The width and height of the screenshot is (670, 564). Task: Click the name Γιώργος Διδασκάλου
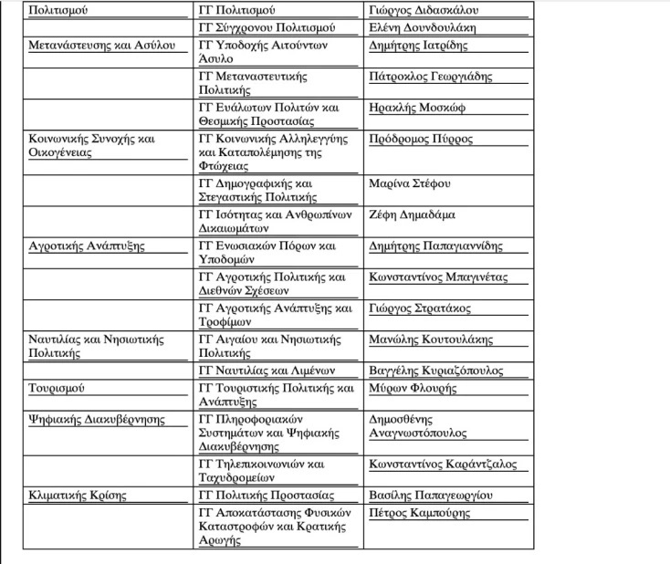pos(423,11)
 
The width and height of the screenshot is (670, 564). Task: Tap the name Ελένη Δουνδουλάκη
pos(423,28)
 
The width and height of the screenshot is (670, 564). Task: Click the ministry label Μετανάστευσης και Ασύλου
pos(101,45)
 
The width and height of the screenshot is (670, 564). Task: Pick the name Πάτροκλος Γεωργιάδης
pos(430,77)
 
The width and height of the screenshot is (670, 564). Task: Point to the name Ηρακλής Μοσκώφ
pos(416,108)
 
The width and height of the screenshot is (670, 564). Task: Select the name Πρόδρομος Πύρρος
pos(421,140)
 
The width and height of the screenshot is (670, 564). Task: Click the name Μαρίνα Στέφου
pos(409,183)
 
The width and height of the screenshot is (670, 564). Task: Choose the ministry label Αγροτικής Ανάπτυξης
pos(87,246)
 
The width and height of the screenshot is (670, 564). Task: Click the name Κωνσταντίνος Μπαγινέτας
pos(438,277)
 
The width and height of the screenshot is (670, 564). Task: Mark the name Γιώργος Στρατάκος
pos(421,308)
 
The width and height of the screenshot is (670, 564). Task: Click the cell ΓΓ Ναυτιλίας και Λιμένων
pos(267,371)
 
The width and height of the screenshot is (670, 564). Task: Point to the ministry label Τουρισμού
pos(57,388)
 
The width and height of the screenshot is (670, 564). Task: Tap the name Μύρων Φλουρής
pos(411,388)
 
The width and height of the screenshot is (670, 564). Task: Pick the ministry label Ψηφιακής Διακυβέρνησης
pos(97,420)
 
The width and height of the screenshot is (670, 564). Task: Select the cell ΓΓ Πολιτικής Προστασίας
pos(266,496)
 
